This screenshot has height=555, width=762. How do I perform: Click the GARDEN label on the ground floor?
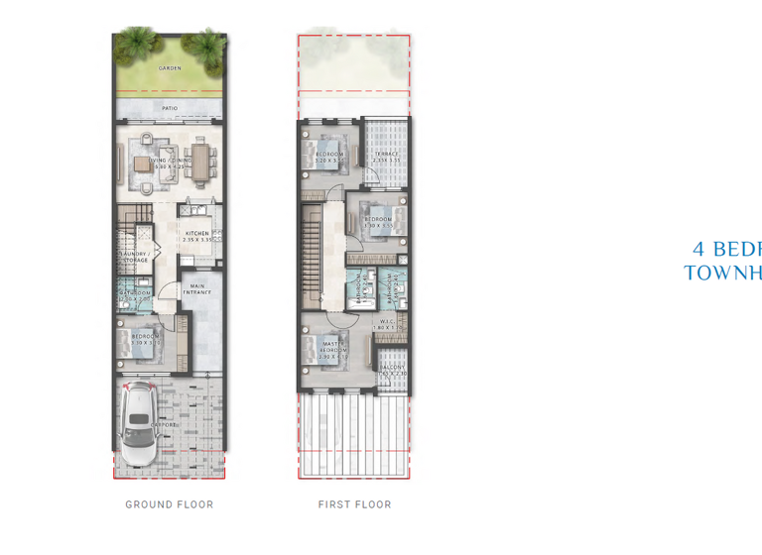[170, 68]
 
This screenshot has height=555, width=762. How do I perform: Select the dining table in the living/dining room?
[201, 161]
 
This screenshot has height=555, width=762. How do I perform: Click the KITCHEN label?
[196, 233]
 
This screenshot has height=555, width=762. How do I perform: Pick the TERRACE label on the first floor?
[385, 154]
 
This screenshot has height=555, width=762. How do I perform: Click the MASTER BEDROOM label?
[333, 347]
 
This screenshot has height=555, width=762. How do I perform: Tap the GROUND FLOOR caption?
[170, 504]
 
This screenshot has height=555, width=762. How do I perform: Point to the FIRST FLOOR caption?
[354, 504]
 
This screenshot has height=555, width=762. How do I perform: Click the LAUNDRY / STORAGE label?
[135, 257]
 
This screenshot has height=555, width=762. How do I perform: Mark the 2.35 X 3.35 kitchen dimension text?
[196, 240]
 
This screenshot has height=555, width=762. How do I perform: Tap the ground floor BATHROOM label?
[135, 293]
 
